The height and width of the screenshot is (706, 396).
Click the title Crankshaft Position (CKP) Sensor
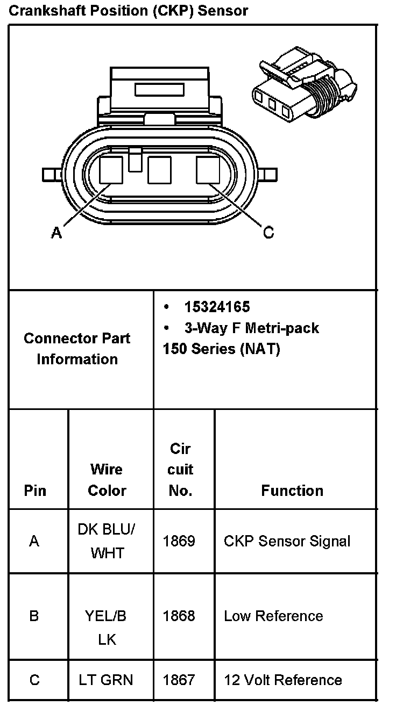128,11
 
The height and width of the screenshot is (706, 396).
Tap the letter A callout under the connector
56,233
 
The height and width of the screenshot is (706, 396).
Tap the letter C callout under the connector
268,233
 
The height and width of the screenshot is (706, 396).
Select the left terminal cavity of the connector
111,170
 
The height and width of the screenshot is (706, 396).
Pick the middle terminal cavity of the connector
159,170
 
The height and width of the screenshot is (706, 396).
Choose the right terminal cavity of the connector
207,170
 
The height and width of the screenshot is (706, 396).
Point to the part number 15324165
217,307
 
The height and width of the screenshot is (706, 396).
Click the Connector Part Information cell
77,349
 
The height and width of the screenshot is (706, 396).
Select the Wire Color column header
107,480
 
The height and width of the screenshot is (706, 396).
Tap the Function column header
292,491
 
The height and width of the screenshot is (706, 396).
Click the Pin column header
35,491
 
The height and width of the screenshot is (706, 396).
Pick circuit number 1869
179,541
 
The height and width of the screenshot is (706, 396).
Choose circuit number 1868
179,616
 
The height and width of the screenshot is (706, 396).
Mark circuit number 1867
179,680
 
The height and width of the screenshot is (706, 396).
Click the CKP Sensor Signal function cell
287,541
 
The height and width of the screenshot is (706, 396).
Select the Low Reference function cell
273,616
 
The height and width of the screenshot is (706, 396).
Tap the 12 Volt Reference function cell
282,680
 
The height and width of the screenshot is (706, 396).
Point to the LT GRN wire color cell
107,680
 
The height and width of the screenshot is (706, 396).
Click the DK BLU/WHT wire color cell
107,541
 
